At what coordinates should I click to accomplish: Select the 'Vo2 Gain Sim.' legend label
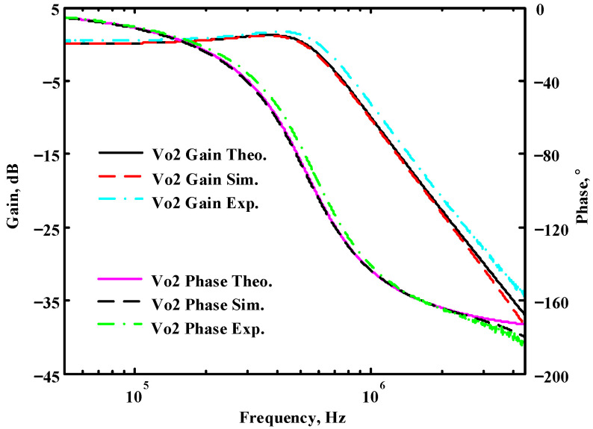pyautogui.click(x=206, y=179)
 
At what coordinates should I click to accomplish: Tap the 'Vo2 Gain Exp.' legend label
pyautogui.click(x=205, y=203)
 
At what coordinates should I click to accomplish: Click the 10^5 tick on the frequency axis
pyautogui.click(x=134, y=392)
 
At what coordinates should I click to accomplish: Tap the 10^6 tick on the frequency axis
pyautogui.click(x=371, y=392)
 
